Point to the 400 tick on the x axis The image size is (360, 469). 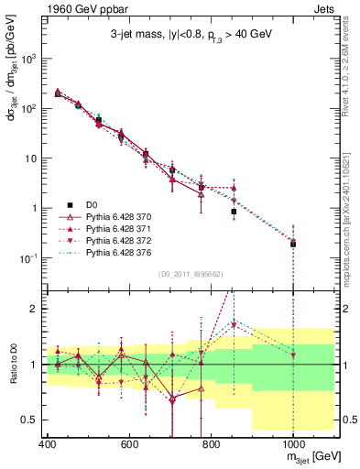click(x=48, y=444)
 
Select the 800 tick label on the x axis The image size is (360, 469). click(x=211, y=444)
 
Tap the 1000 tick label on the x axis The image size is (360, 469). click(x=291, y=444)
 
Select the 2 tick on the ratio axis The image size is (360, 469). click(x=35, y=309)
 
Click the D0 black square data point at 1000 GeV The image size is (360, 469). click(x=293, y=244)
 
